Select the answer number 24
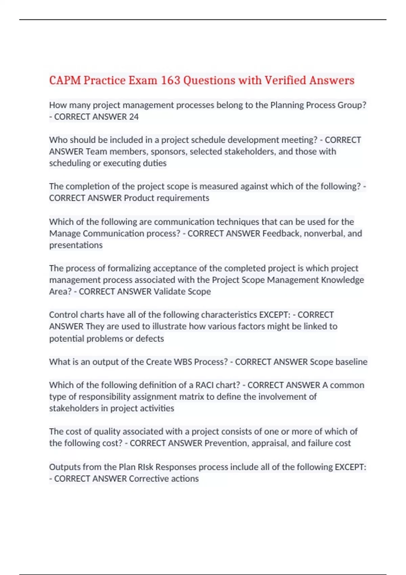[x=134, y=117]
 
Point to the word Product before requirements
[x=139, y=198]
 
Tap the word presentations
[x=76, y=245]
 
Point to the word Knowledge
[x=342, y=280]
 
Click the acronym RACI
[x=205, y=385]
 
